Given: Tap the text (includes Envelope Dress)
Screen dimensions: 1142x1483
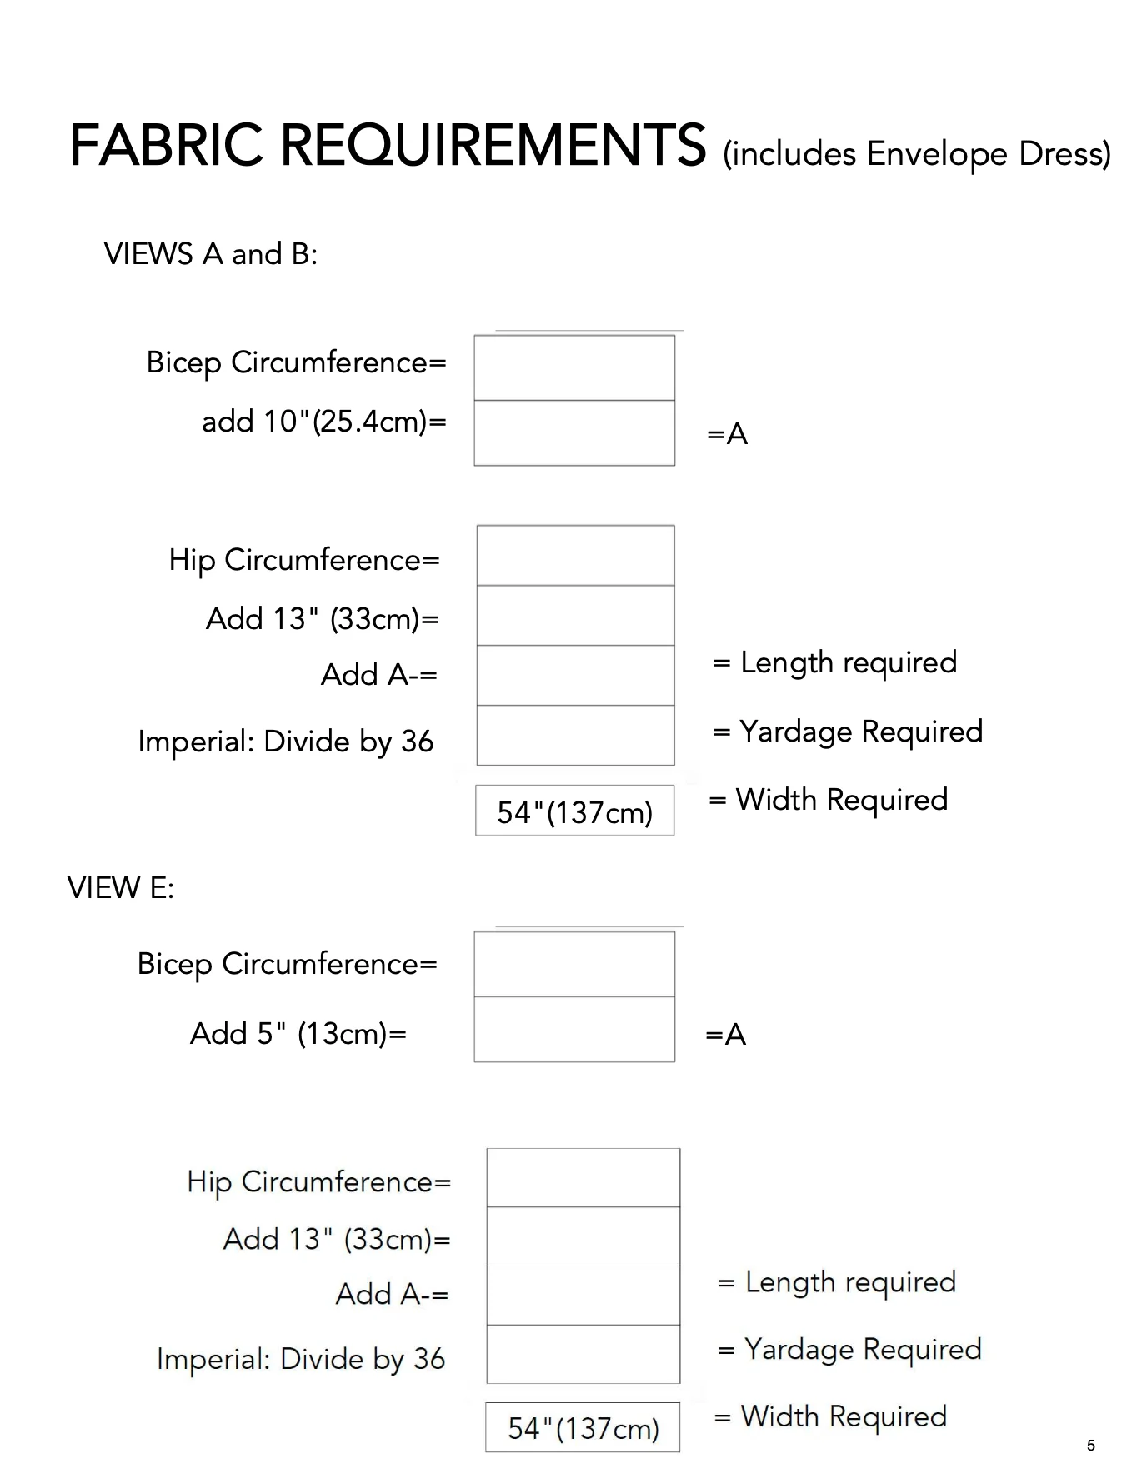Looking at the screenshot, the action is pos(917,154).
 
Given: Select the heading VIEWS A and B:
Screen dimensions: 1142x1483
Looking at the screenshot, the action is pos(211,254).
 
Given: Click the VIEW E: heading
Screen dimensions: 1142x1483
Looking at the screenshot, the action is pos(121,888).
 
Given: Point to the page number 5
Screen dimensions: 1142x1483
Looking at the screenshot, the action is pos(1091,1446).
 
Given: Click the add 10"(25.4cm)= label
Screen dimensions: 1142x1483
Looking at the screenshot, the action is pos(324,422).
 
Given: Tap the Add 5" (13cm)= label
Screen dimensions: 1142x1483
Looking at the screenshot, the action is pos(298,1034).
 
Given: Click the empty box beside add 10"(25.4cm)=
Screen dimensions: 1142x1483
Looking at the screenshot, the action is pos(574,433).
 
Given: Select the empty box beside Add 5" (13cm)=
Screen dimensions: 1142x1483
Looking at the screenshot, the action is pos(574,1030).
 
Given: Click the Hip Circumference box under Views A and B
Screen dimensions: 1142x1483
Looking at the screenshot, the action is pos(575,556).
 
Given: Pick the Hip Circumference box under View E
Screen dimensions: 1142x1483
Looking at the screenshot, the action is pos(584,1178).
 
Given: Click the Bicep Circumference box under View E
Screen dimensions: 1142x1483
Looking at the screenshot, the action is pos(574,964).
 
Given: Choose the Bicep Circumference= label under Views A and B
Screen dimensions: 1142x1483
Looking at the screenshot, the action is pos(297,363).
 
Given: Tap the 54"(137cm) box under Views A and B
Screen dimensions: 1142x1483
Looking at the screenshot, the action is pos(575,811).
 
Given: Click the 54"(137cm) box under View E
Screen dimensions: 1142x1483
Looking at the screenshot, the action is pos(583,1428).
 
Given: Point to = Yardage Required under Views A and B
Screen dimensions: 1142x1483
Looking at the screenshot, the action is pos(848,732).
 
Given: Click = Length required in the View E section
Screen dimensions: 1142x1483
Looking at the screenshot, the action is pos(837,1283).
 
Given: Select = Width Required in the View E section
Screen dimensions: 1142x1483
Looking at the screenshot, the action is pos(831,1416).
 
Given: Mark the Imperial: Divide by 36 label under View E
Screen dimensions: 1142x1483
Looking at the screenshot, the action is pos(301,1360).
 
